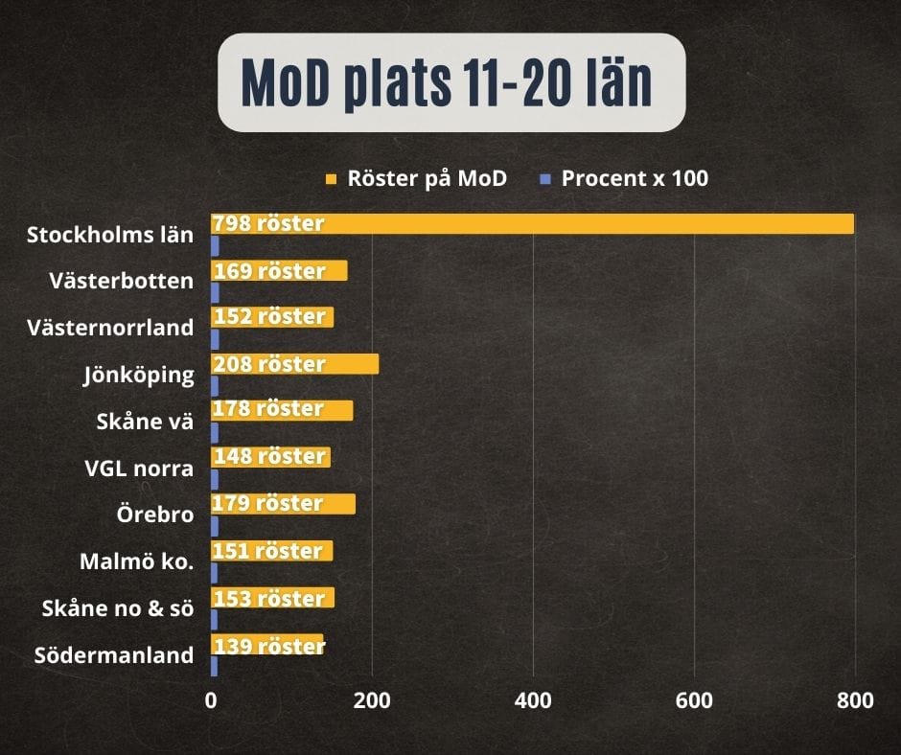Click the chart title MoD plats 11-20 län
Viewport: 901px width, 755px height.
(x=447, y=82)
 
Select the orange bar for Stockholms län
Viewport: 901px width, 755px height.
(x=532, y=223)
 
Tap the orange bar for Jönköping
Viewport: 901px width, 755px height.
(x=295, y=364)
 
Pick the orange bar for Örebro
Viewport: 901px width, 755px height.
(x=284, y=504)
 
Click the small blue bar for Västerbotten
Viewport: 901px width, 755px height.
(x=215, y=293)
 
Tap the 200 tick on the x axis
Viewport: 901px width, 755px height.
(x=372, y=700)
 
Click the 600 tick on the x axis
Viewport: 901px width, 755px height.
(x=694, y=700)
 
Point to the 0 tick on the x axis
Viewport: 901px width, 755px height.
(x=211, y=700)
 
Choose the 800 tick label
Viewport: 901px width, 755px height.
(x=855, y=700)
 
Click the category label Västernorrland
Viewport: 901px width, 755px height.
(x=110, y=328)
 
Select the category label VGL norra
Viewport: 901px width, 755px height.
(x=139, y=469)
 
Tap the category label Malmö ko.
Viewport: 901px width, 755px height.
(x=137, y=561)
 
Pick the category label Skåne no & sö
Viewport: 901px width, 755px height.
(x=118, y=607)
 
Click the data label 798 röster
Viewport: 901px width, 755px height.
(x=268, y=223)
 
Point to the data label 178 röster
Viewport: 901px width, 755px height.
(x=268, y=408)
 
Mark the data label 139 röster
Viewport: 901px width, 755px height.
(x=269, y=646)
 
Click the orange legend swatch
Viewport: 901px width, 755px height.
(x=331, y=179)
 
